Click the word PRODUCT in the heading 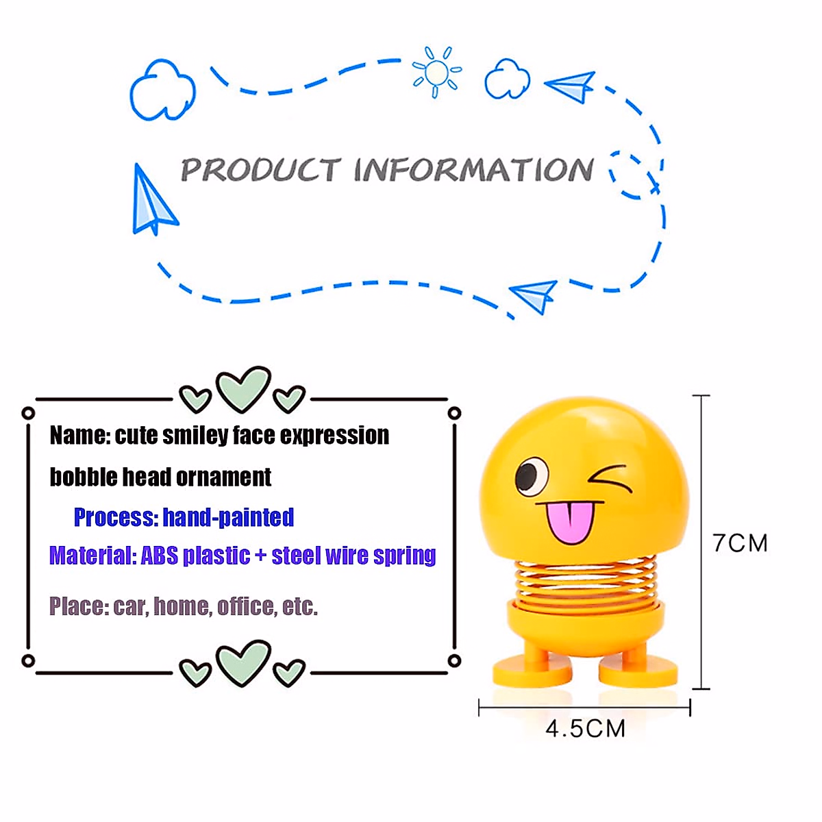(260, 170)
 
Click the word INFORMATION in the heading (473, 170)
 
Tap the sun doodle (436, 71)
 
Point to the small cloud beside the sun (508, 79)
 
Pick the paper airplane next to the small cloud (572, 86)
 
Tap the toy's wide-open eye (531, 476)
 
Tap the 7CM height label (740, 543)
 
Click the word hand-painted (228, 517)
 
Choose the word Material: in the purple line (92, 555)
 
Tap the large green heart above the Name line (242, 388)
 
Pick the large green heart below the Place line (242, 662)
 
